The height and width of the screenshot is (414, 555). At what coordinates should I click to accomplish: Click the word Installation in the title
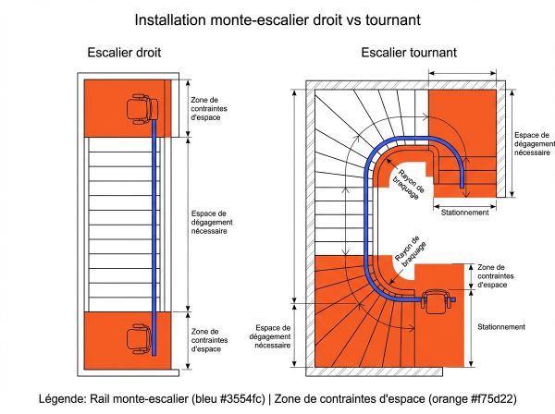pyautogui.click(x=166, y=18)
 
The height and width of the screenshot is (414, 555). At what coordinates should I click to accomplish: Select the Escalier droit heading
pyautogui.click(x=124, y=53)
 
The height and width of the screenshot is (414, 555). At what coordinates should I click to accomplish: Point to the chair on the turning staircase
pyautogui.click(x=435, y=301)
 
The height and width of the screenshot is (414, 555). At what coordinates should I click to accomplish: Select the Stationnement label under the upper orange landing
pyautogui.click(x=466, y=213)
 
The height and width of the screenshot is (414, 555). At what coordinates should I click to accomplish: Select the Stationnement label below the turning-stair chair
pyautogui.click(x=502, y=326)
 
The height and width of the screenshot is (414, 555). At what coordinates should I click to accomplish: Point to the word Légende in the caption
pyautogui.click(x=63, y=399)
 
